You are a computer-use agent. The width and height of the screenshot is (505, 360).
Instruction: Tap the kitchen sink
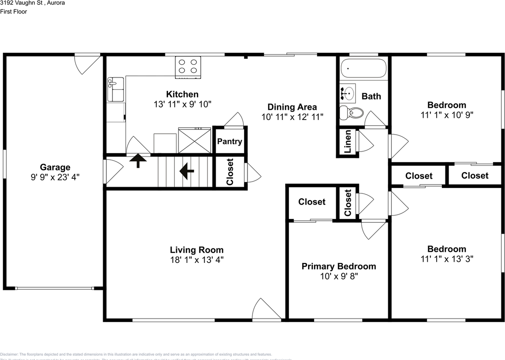click(116, 89)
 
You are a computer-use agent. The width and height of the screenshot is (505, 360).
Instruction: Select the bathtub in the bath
click(363, 68)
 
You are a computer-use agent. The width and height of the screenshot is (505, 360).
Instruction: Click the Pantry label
click(230, 141)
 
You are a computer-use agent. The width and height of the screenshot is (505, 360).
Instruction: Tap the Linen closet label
click(348, 142)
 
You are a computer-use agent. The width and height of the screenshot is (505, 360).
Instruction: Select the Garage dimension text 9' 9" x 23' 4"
click(55, 177)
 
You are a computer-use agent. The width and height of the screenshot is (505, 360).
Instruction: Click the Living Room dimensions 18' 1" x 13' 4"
click(196, 260)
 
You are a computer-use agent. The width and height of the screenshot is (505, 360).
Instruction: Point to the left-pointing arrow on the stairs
click(187, 171)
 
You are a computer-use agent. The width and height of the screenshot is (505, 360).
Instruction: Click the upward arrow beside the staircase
click(138, 160)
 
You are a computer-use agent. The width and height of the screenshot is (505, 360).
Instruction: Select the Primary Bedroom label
click(339, 266)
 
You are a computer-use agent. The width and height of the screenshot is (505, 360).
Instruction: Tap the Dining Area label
click(292, 107)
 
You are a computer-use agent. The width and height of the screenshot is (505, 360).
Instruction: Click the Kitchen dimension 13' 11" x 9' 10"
click(182, 104)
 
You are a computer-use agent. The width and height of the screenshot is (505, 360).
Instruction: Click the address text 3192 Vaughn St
click(33, 3)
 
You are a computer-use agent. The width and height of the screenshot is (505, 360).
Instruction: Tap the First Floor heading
click(13, 11)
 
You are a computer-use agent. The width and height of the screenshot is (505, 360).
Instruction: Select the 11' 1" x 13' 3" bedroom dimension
click(447, 259)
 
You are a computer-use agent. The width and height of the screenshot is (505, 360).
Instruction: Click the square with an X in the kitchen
click(195, 140)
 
